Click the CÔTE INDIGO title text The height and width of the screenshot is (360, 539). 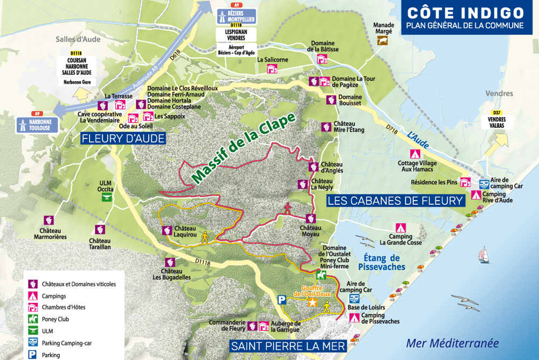pos(465,13)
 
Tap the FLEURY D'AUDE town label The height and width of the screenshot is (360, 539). pos(122,139)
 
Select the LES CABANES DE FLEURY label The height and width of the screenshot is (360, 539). pos(396,200)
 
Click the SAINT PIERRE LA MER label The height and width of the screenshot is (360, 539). pos(288,345)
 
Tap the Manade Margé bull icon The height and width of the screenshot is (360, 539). pos(383,41)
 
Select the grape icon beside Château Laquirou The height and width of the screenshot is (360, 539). pos(167,231)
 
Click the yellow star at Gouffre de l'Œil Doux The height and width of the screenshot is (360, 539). pos(312,303)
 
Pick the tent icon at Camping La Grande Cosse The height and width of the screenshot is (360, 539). pos(400,228)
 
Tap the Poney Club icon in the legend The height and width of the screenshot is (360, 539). pos(32,319)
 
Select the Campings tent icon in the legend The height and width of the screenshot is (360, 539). pos(32,296)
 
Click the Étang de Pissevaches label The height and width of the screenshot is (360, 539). pos(381,262)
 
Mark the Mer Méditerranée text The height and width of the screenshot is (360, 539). pos(452,343)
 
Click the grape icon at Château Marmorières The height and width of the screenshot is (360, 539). pos(49,220)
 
